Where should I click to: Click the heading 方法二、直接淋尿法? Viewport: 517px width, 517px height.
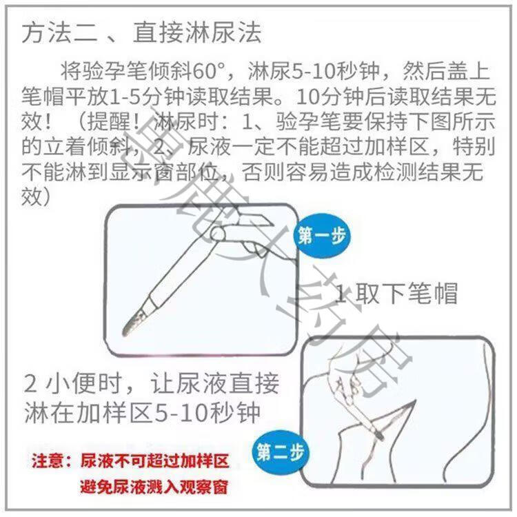[142, 33]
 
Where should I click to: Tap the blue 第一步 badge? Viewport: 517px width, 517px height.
[322, 236]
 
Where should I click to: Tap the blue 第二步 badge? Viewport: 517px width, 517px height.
[281, 452]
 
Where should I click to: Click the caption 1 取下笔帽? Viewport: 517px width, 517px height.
[396, 294]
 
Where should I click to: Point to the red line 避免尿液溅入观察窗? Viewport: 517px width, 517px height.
[154, 487]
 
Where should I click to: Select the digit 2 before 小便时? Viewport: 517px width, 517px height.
[30, 384]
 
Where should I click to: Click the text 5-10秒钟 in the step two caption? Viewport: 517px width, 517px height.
[207, 412]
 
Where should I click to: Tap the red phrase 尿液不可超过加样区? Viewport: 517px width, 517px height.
[154, 460]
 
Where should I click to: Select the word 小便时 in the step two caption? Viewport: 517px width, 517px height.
[83, 384]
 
